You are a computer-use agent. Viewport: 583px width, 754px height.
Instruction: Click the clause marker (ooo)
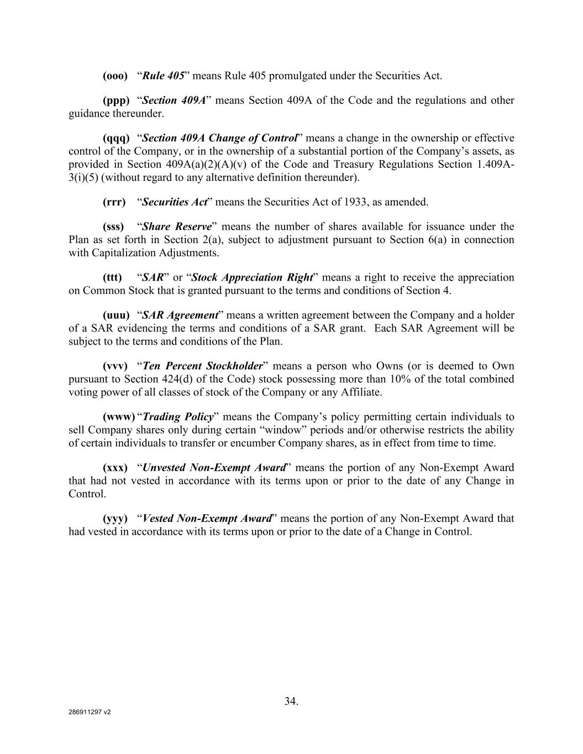click(x=115, y=76)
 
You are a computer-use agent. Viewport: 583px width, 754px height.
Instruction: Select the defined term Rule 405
click(x=163, y=76)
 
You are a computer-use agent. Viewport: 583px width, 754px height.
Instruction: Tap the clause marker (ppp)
click(x=116, y=101)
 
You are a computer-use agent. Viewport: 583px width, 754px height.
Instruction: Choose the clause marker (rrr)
click(x=114, y=202)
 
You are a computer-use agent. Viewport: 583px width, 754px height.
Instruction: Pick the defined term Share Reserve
click(x=177, y=226)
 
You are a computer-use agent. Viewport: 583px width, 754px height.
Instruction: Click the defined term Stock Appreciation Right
click(x=252, y=277)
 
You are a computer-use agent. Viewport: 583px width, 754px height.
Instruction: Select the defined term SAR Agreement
click(x=180, y=315)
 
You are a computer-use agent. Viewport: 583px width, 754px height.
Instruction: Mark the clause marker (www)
click(x=118, y=417)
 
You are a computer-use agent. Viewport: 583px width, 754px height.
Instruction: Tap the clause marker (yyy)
click(x=115, y=519)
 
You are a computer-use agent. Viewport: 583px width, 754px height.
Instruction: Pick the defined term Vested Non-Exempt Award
click(x=207, y=519)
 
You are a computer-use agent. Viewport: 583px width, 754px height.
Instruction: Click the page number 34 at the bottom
click(x=291, y=702)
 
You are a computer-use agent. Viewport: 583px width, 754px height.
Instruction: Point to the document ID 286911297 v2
click(x=90, y=713)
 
